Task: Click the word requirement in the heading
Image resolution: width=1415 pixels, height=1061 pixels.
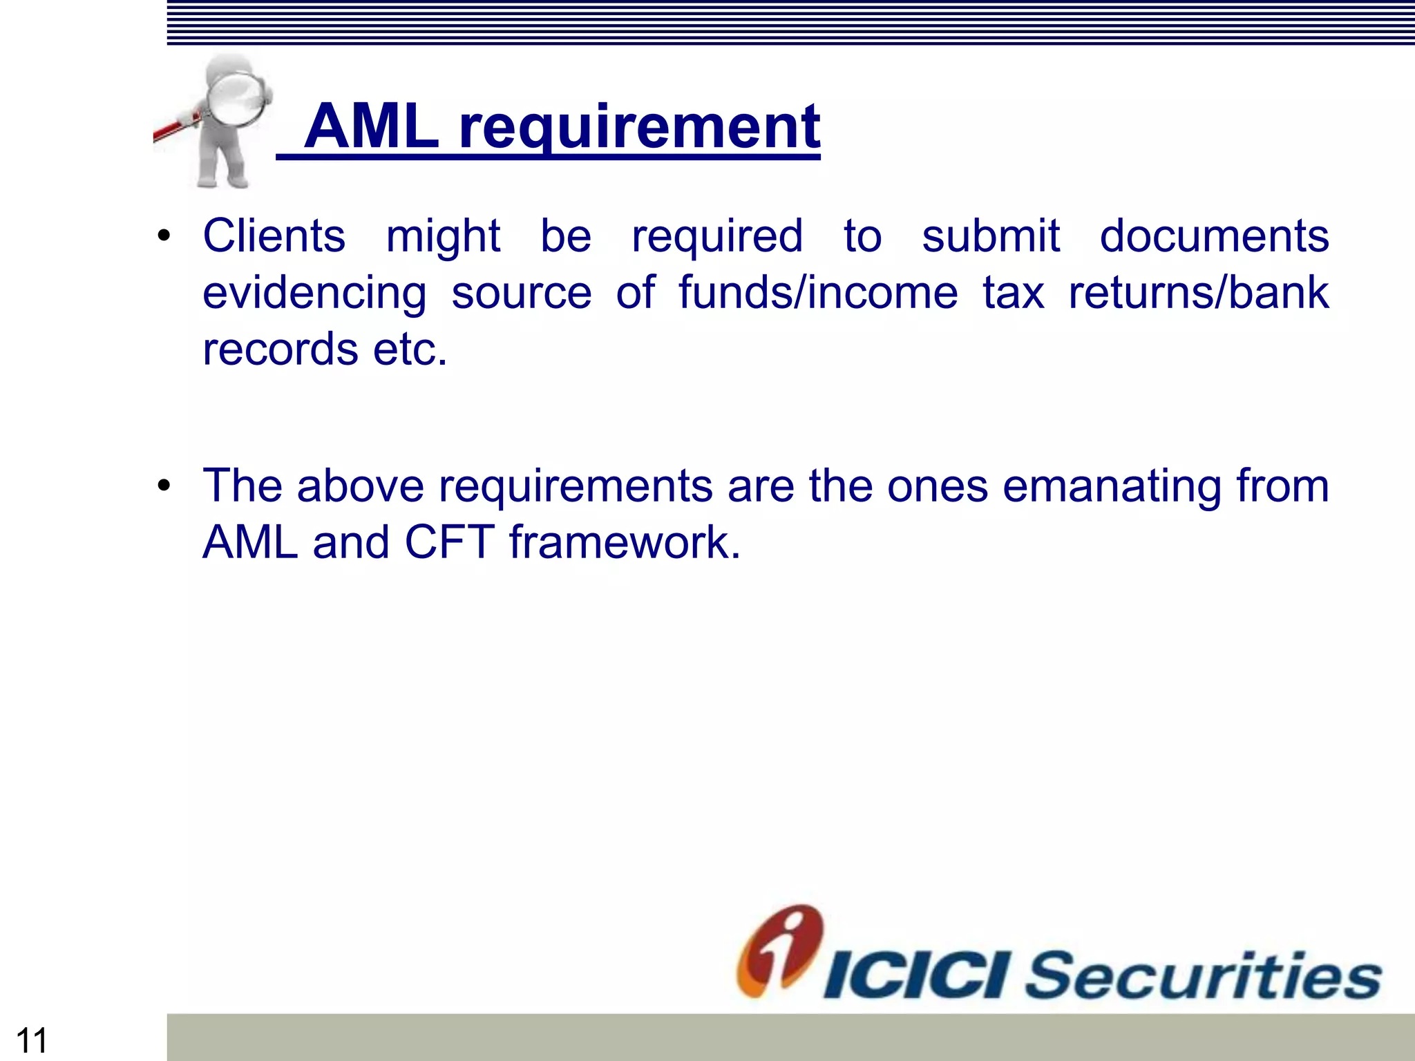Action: click(639, 128)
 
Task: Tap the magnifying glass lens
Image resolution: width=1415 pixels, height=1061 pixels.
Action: click(237, 100)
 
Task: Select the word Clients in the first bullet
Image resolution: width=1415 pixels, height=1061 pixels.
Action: click(274, 236)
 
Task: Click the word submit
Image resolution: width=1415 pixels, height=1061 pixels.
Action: click(990, 236)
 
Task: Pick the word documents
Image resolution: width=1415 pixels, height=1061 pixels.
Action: click(1214, 236)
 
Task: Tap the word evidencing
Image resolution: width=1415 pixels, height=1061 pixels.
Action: click(314, 294)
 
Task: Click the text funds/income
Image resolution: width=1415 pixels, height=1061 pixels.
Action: click(818, 292)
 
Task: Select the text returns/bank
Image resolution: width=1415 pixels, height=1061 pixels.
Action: click(1198, 292)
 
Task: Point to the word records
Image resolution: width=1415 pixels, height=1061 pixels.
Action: click(280, 349)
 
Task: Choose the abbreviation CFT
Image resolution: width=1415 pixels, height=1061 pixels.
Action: click(449, 542)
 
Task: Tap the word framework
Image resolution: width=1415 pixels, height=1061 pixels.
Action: click(625, 542)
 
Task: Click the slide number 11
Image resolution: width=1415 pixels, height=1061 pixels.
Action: click(31, 1040)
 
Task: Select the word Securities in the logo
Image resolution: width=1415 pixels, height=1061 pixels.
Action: click(1203, 975)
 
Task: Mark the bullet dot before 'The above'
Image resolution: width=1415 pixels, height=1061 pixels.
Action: click(163, 486)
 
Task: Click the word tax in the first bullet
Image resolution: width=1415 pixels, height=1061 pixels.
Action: click(1013, 292)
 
